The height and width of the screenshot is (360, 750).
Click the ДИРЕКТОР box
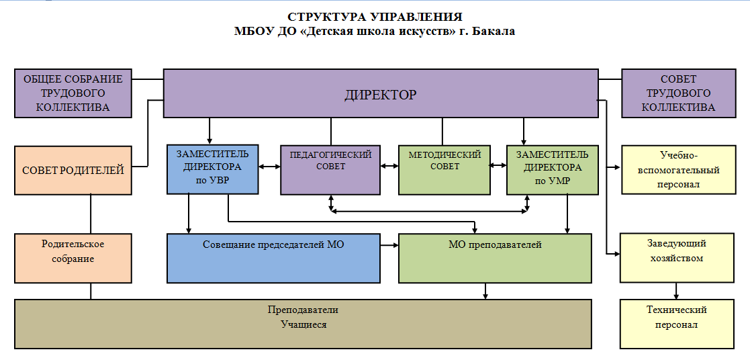pos(381,93)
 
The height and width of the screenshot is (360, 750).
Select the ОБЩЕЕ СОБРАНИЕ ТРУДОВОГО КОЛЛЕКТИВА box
pos(73,93)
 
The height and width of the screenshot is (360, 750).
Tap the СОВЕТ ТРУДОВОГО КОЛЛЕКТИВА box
pos(679,93)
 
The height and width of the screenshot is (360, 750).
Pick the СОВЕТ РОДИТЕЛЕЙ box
pos(73,171)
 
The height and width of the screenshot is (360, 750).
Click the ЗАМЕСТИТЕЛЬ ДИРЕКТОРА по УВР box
pos(213,169)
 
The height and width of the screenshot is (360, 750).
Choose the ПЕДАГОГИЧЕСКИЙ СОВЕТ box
pos(330,170)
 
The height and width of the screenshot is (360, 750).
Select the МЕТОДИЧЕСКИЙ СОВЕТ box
pos(444,170)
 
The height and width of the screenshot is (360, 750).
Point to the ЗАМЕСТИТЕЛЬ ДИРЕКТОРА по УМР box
pos(553,170)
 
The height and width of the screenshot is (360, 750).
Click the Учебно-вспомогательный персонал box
pos(679,170)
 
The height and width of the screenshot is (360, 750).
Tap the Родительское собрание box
pos(73,258)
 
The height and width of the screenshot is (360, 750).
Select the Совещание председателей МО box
pos(273,258)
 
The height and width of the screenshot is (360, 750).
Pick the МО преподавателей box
pos(495,258)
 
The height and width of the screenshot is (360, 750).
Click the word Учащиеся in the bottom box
pos(303,325)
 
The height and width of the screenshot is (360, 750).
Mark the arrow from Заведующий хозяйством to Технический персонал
pos(676,291)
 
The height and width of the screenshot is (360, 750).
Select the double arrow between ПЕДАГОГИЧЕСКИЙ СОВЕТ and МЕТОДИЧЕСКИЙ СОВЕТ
pos(390,166)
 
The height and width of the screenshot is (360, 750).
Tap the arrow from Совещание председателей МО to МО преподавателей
pos(390,246)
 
